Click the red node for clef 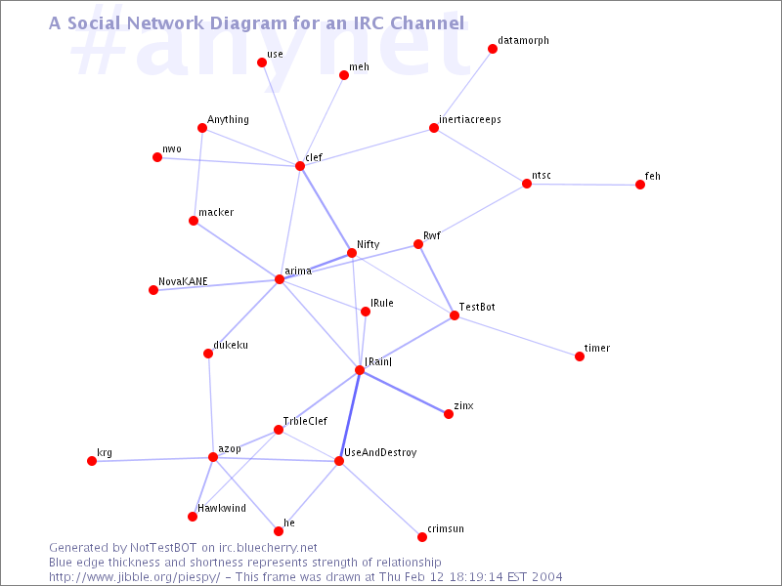300,165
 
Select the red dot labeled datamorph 493,48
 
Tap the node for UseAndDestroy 339,461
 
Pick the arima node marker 280,279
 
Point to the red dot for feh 640,185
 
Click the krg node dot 92,461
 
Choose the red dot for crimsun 422,536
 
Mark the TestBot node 455,315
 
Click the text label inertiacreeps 470,119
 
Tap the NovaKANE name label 183,281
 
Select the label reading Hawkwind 222,508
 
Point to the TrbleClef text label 305,421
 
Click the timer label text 597,348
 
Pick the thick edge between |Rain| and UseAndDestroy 349,416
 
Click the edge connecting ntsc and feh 584,185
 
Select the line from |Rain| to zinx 404,393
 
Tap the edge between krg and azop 152,459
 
